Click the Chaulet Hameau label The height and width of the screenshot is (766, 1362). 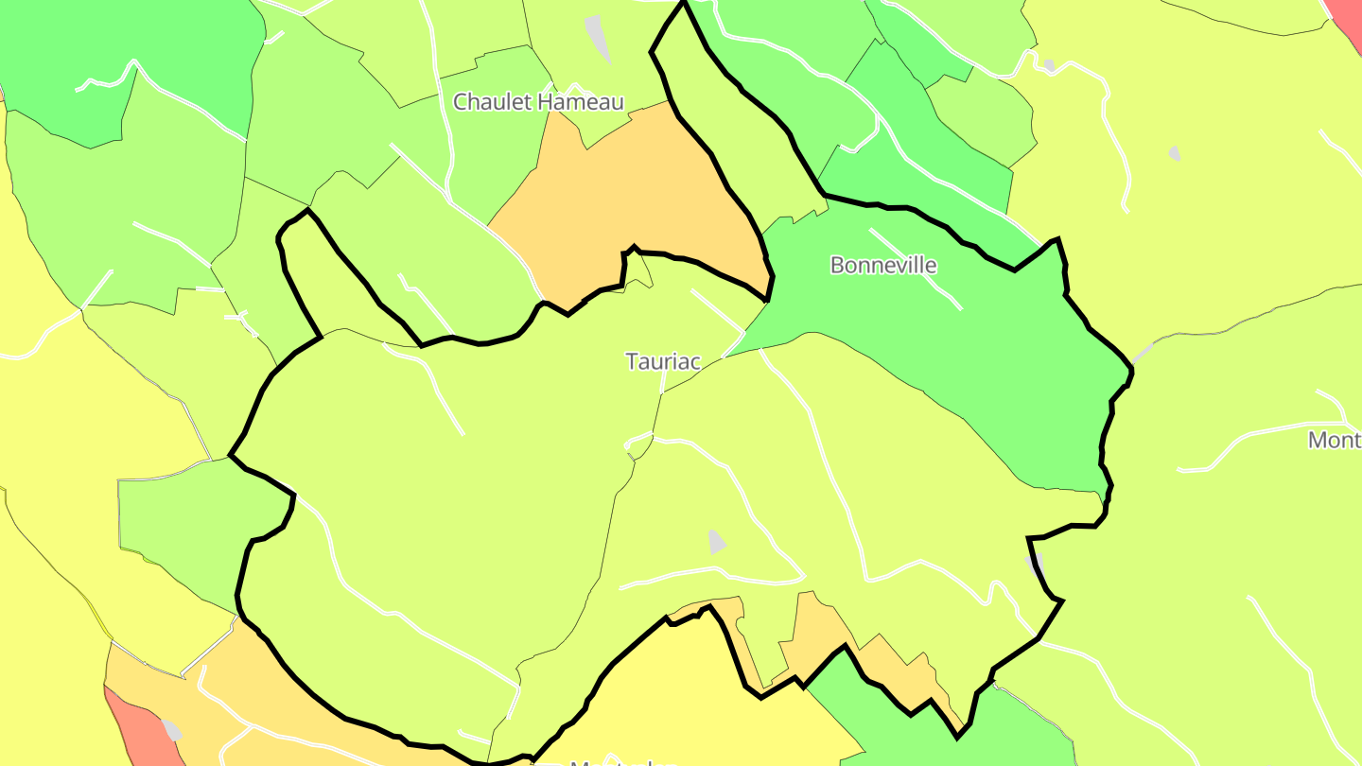tap(538, 102)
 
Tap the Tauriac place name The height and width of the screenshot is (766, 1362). tap(663, 361)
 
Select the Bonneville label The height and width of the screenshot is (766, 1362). tap(883, 265)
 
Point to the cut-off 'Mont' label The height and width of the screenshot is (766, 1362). tap(1335, 440)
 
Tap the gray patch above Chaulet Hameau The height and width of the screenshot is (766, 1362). tap(598, 36)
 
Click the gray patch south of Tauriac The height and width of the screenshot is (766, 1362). tap(717, 542)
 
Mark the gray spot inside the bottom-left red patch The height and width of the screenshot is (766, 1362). tap(172, 730)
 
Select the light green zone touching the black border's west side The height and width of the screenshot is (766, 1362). tap(180, 520)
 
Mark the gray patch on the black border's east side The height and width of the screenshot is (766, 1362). tap(1035, 564)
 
